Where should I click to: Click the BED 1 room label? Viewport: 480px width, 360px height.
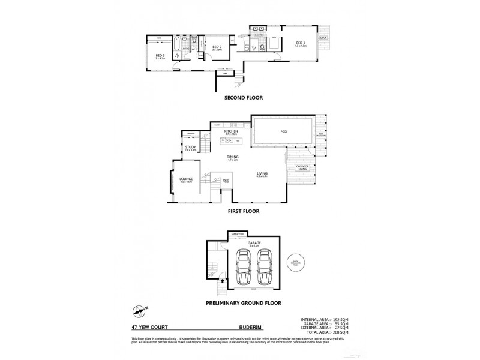pyautogui.click(x=299, y=43)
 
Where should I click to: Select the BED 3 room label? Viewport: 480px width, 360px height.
pyautogui.click(x=160, y=56)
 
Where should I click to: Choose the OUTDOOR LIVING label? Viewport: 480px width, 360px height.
pyautogui.click(x=301, y=168)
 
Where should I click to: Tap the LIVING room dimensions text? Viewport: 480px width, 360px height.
pyautogui.click(x=262, y=176)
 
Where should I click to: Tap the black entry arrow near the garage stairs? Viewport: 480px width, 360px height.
pyautogui.click(x=223, y=280)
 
